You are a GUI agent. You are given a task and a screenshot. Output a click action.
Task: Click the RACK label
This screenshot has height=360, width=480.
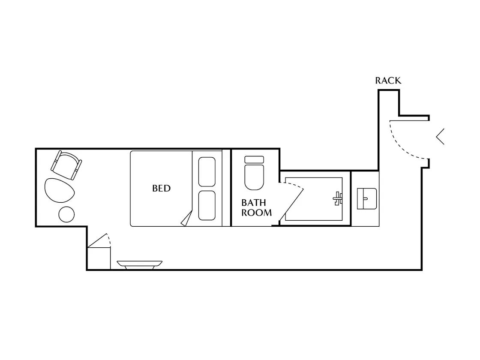coord(388,81)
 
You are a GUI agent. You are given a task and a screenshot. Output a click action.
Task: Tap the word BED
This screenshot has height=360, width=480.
coord(161,188)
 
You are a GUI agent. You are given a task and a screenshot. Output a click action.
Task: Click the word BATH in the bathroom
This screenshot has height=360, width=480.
coord(253,203)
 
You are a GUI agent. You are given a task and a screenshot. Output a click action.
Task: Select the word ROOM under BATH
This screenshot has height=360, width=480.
coord(257,213)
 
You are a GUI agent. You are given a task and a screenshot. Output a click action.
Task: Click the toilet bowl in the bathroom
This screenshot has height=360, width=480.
coord(254,177)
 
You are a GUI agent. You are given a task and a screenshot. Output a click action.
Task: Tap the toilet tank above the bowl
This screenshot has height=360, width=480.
coord(254,159)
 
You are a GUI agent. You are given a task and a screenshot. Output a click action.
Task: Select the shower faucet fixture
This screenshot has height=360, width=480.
coord(338,199)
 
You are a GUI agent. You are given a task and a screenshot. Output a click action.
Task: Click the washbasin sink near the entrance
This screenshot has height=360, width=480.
coord(367,199)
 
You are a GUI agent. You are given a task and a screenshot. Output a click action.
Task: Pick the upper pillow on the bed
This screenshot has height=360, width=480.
coord(207,172)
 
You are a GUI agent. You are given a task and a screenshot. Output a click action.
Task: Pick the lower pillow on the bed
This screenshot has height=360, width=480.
coord(207,205)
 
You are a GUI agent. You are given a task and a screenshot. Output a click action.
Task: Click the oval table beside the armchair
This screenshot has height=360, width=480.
coord(60,190)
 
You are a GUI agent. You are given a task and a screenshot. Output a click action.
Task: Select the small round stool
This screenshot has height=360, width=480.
coord(66,214)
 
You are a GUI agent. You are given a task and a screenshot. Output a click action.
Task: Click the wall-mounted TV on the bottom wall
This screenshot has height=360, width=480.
coord(140,265)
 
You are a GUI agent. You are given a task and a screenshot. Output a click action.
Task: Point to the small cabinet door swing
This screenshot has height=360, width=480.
coord(101,240)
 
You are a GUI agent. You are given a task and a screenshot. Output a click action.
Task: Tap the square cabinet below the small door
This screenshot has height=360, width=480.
coord(99,258)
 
